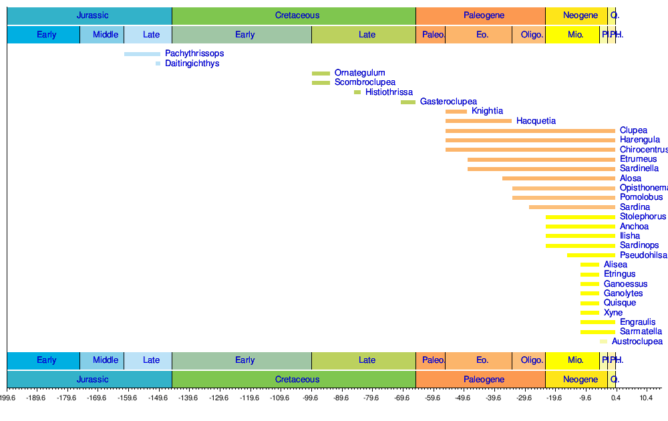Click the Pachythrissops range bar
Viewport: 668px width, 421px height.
(142, 54)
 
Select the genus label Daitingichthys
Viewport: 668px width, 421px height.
(192, 63)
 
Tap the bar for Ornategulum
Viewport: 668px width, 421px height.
(321, 74)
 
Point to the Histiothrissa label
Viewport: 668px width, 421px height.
(389, 92)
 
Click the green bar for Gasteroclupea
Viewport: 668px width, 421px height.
(408, 102)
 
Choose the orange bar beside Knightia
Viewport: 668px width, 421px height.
(456, 112)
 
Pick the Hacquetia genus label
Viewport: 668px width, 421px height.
(536, 121)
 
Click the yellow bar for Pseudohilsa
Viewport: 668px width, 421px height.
(591, 255)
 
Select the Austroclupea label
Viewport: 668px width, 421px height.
(637, 341)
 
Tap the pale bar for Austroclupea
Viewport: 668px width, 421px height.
(604, 341)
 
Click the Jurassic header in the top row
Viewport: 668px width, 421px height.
(92, 15)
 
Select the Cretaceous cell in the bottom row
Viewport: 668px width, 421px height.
(297, 380)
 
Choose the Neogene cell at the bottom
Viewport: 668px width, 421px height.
(580, 380)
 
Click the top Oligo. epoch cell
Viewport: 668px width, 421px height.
(532, 35)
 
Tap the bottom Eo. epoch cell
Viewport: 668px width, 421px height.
(482, 360)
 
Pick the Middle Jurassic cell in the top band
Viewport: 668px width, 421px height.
(106, 35)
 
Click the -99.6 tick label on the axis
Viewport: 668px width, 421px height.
(311, 398)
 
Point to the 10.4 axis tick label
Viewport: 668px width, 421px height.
(645, 398)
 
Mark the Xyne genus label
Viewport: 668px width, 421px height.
(613, 313)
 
